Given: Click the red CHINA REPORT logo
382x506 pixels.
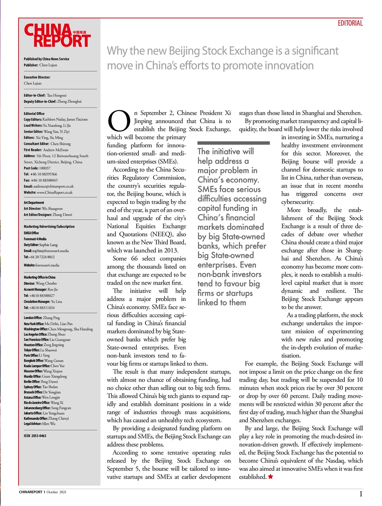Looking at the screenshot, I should tap(57, 36).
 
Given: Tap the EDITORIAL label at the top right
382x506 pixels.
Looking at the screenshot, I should tap(350, 23).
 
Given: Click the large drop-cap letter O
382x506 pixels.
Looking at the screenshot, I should tap(119, 121).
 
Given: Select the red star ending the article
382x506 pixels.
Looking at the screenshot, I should tap(270, 477).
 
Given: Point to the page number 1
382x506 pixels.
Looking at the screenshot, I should tap(361, 494).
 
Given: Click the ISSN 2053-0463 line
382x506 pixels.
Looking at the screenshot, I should tap(35, 436).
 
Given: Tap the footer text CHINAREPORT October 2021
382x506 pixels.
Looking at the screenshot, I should tap(43, 492).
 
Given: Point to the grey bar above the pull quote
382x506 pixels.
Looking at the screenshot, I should tap(233, 143).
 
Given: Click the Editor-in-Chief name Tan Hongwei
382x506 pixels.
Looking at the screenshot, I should tap(57, 95).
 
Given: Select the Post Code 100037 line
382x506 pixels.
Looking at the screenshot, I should tap(37, 168).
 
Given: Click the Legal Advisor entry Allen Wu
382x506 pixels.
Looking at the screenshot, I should tap(40, 423).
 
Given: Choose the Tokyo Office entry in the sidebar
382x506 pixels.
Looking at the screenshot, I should tap(40, 350).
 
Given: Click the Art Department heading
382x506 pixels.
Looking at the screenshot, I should tap(34, 202).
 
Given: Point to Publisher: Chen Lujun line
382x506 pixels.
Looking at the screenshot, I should tap(40, 65).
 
